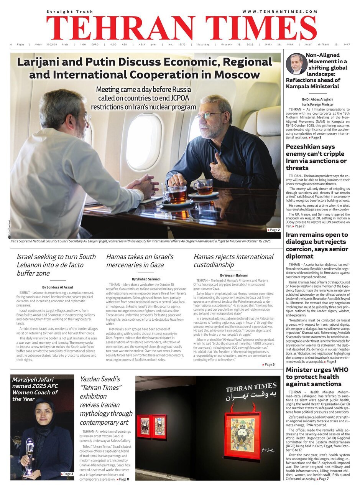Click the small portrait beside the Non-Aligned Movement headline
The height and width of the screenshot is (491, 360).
point(296,64)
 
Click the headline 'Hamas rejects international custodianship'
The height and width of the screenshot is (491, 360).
point(233,260)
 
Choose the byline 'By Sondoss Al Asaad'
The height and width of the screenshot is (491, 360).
point(58,287)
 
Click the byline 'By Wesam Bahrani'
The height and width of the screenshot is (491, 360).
point(233,275)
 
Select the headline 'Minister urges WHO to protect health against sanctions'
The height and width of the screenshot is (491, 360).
point(317,376)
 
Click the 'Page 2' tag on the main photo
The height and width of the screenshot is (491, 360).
point(274,230)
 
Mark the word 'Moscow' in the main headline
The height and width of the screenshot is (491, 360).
point(237,74)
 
